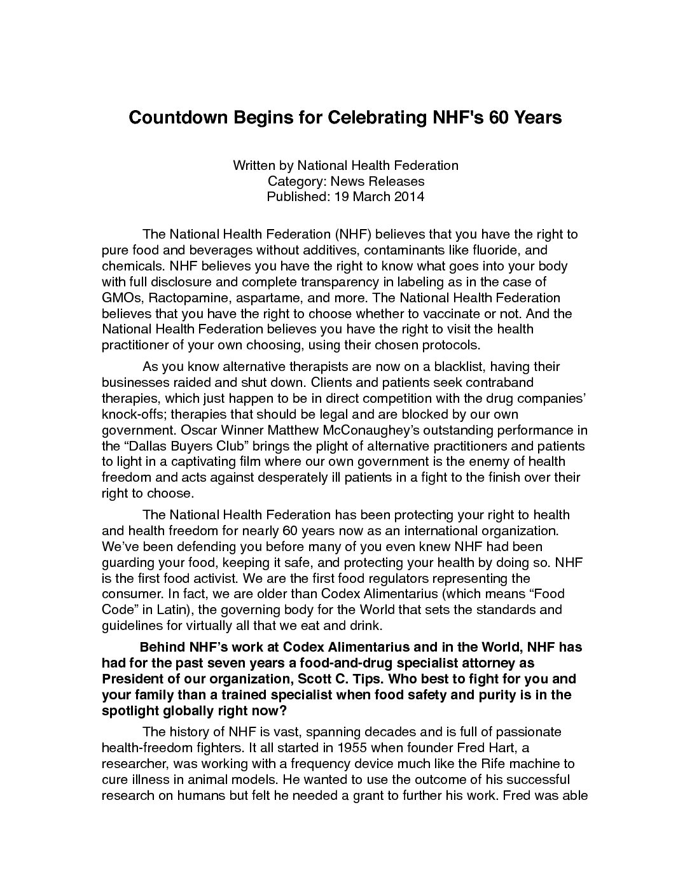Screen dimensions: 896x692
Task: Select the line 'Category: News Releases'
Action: pyautogui.click(x=345, y=181)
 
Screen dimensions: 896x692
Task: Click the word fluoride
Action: pyautogui.click(x=495, y=251)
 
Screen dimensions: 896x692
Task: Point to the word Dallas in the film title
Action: pyautogui.click(x=144, y=445)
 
